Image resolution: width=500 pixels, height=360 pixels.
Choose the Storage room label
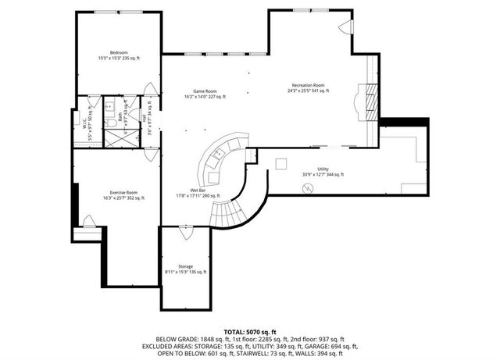[185, 268]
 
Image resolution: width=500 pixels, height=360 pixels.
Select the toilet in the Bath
[112, 123]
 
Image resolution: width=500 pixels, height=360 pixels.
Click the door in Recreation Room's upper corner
[345, 30]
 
